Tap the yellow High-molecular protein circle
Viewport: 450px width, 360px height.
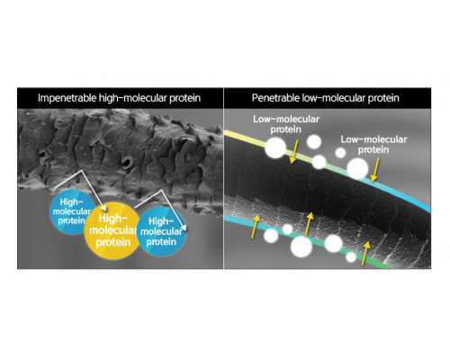click(112, 231)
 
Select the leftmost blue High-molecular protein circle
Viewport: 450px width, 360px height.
click(69, 211)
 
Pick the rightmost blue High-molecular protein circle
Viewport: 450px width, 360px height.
click(162, 231)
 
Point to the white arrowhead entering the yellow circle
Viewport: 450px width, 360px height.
click(103, 208)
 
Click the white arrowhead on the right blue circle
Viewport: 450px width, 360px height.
click(184, 228)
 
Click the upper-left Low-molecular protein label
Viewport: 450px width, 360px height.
click(286, 124)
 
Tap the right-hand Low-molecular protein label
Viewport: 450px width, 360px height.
click(373, 144)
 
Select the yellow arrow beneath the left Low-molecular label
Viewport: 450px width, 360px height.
click(294, 151)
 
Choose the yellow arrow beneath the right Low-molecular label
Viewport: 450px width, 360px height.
click(374, 170)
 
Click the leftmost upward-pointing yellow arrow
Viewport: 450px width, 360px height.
click(255, 227)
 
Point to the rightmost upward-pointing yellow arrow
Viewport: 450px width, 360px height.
click(365, 254)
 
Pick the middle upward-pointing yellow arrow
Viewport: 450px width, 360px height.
click(309, 224)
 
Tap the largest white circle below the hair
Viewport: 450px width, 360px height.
click(301, 247)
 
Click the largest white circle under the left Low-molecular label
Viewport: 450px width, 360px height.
click(275, 148)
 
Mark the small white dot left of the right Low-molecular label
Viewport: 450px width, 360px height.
click(340, 153)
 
